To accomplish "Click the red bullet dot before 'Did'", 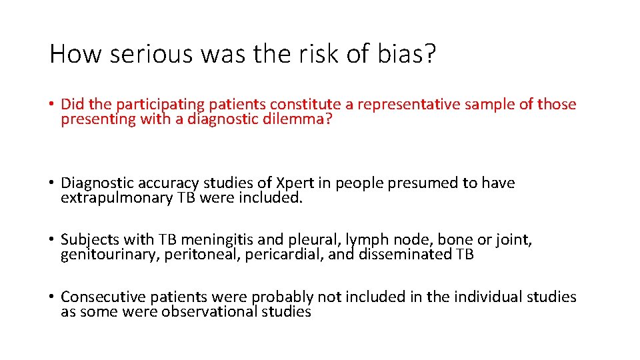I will click(x=52, y=105).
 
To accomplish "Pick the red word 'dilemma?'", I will click(x=313, y=120).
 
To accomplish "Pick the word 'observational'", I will click(x=214, y=312).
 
